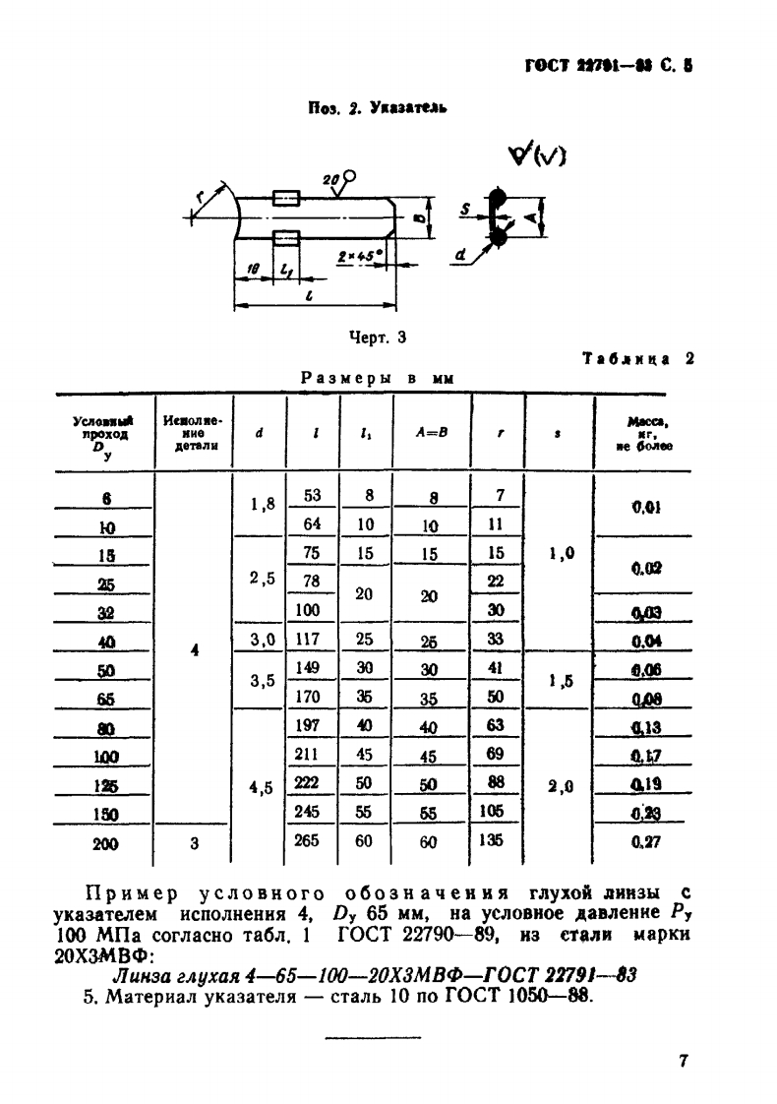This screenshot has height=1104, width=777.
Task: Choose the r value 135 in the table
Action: (x=497, y=842)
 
